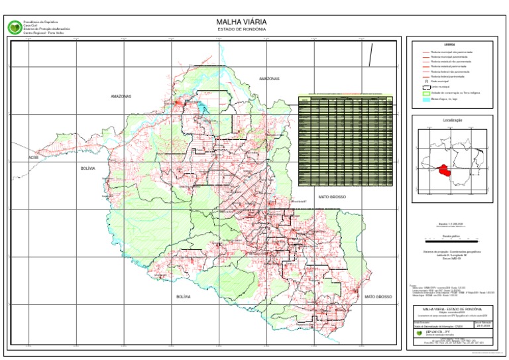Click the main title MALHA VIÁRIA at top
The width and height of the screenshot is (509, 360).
click(241, 22)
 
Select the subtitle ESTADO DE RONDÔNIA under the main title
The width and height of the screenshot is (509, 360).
click(241, 29)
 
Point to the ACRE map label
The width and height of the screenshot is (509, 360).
click(34, 158)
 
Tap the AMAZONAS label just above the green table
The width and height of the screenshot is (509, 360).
click(270, 78)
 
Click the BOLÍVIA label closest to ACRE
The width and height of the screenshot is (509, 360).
click(88, 169)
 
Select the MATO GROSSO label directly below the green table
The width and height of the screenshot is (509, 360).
click(332, 198)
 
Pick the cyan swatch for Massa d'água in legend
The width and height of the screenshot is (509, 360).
click(425, 99)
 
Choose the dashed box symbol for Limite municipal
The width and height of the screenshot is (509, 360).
click(425, 87)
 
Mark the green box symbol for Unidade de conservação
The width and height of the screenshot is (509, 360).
click(425, 93)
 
